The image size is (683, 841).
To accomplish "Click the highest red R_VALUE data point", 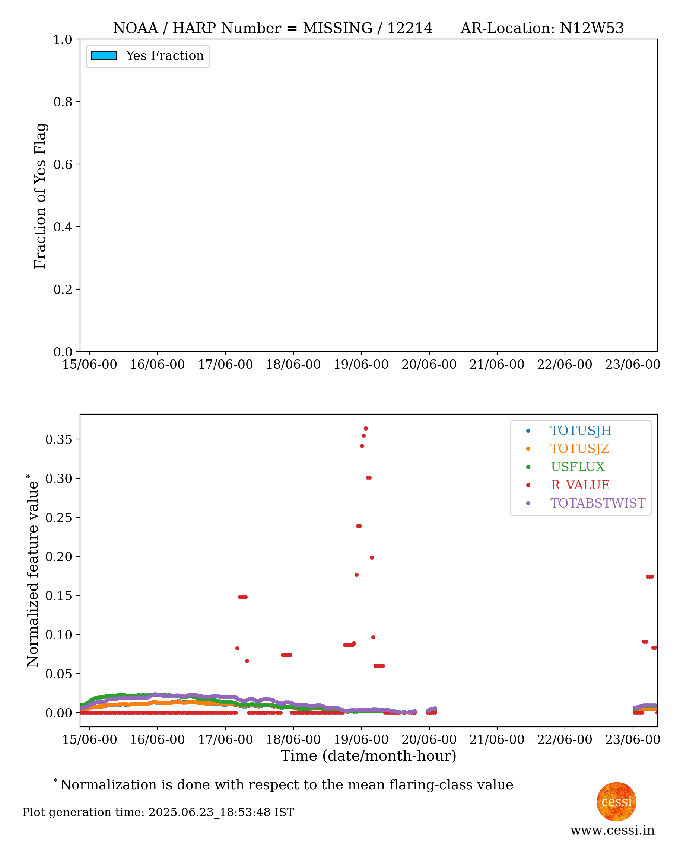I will pyautogui.click(x=366, y=429).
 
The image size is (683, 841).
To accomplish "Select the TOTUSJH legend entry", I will pyautogui.click(x=580, y=431).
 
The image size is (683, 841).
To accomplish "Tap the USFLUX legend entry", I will pyautogui.click(x=577, y=467).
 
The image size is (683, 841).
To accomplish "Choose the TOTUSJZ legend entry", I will pyautogui.click(x=579, y=449).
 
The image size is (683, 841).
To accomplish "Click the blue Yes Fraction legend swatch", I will pyautogui.click(x=104, y=56).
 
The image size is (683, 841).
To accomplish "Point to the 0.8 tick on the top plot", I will pyautogui.click(x=63, y=102).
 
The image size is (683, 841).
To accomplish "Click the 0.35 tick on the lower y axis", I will pyautogui.click(x=58, y=439).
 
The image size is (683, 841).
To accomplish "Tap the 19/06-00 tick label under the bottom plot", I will pyautogui.click(x=361, y=739).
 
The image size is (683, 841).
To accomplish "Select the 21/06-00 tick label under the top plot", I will pyautogui.click(x=496, y=364).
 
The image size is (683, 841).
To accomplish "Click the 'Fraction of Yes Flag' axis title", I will pyautogui.click(x=40, y=195).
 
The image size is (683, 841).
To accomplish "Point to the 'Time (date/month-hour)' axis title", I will pyautogui.click(x=368, y=756).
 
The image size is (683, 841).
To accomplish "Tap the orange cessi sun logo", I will pyautogui.click(x=616, y=801).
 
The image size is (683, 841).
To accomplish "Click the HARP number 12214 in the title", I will pyautogui.click(x=410, y=28).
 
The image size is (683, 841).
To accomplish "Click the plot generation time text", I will pyautogui.click(x=158, y=812).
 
